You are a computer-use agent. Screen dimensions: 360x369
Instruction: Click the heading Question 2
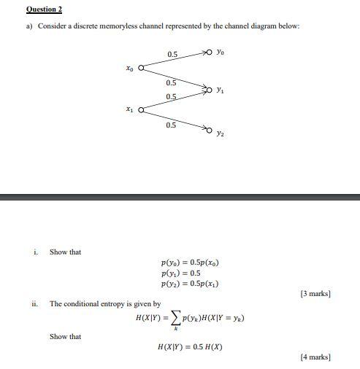point(45,9)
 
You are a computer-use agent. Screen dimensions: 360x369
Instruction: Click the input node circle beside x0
point(141,69)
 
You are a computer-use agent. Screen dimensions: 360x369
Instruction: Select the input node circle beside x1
point(141,111)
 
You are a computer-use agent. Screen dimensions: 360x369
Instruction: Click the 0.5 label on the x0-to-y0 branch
point(172,55)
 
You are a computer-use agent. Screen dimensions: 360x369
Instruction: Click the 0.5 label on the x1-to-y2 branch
point(171,125)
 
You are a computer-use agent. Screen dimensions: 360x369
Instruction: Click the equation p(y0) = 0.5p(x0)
point(190,263)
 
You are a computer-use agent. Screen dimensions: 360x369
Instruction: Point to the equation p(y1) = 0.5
point(180,273)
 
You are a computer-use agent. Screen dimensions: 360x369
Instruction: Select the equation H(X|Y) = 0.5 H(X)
point(190,346)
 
